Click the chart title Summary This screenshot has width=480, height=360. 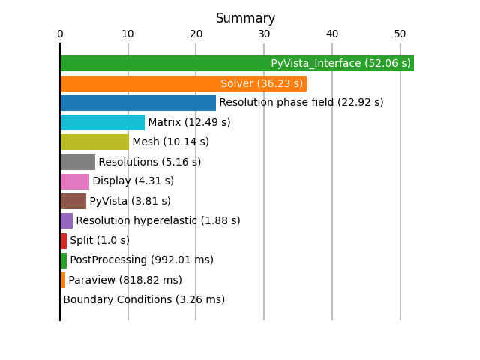point(245,18)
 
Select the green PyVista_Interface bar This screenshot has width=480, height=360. point(237,63)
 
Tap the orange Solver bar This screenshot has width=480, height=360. point(184,83)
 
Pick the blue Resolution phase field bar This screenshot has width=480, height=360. point(138,103)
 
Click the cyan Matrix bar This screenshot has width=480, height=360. point(103,122)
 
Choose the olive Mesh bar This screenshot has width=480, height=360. point(94,142)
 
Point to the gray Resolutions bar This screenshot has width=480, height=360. point(78,162)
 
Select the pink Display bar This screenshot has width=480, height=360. point(75,181)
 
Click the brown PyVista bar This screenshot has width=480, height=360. point(73,202)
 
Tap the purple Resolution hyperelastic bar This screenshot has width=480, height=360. point(67,221)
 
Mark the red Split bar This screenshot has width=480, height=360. point(64,241)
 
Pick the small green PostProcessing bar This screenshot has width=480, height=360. point(64,260)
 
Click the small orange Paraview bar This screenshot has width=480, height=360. point(63,280)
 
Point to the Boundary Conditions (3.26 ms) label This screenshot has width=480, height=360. point(144,299)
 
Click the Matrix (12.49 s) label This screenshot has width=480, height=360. point(189,122)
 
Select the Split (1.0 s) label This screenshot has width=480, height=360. point(100,240)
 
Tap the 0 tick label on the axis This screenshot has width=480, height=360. point(60,34)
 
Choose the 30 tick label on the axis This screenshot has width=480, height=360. point(264,34)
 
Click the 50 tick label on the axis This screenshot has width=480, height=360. point(400,34)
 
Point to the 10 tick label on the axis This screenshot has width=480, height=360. point(128,34)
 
